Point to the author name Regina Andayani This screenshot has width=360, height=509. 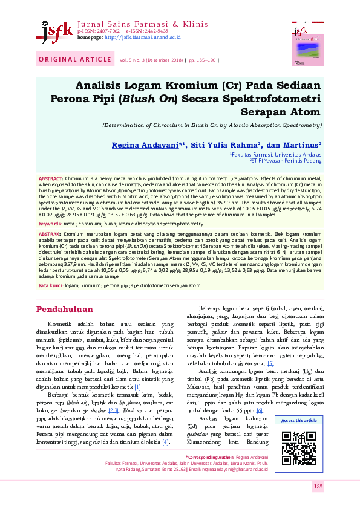pyautogui.click(x=162, y=146)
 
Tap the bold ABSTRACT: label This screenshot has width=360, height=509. pyautogui.click(x=51, y=180)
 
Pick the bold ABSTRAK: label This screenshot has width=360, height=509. pyautogui.click(x=50, y=233)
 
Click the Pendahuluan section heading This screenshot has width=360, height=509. pyautogui.click(x=65, y=309)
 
